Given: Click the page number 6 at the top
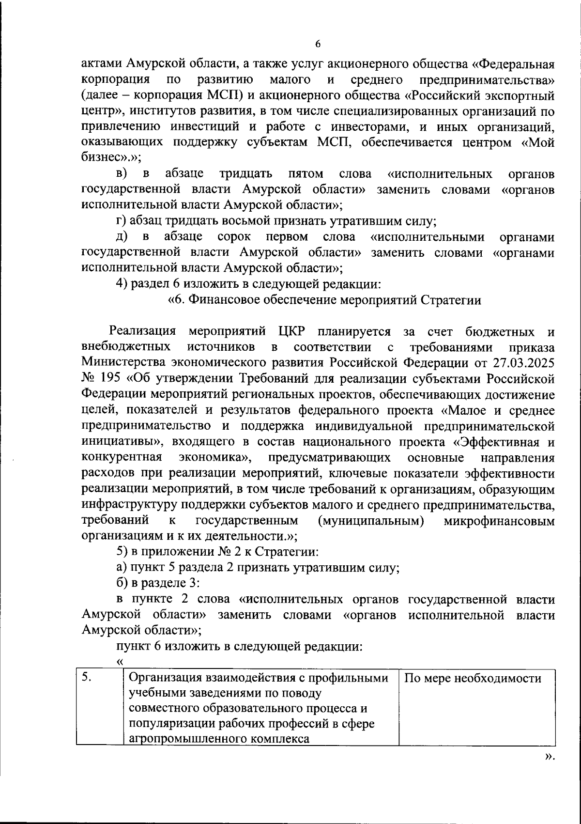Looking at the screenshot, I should pos(318,44).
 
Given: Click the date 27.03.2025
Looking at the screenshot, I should pos(524,362).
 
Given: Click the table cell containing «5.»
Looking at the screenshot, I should pos(100,707).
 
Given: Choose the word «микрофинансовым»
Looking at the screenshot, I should pos(499,521).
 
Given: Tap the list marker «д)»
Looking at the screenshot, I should pos(122,237).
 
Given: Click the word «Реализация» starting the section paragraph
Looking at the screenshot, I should pos(142,331).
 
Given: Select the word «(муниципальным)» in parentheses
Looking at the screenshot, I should pos(371,521).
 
